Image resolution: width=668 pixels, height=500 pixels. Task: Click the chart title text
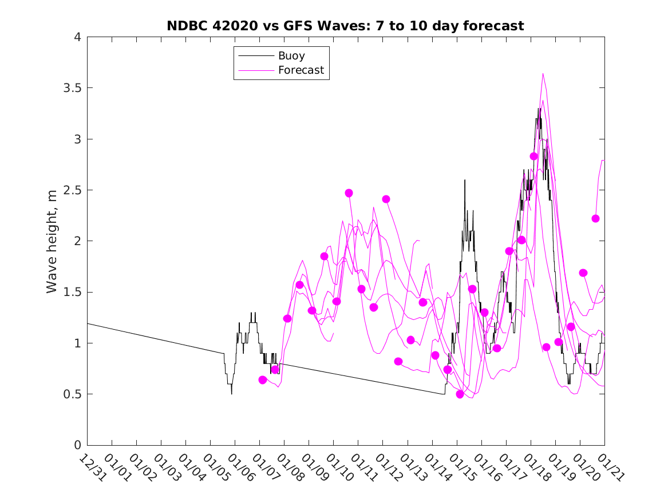click(345, 26)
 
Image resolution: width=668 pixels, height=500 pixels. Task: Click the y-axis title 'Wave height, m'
click(52, 241)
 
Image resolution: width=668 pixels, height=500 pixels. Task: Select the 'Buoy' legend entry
click(291, 56)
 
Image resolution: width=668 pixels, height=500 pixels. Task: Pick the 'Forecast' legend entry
click(301, 70)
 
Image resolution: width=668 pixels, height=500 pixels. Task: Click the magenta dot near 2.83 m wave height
click(533, 156)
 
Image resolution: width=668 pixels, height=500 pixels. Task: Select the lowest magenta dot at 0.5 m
click(460, 394)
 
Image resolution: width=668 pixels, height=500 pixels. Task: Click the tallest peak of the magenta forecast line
click(543, 74)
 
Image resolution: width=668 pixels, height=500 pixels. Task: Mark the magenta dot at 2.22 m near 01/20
click(595, 218)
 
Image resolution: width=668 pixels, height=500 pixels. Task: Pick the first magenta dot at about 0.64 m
click(263, 380)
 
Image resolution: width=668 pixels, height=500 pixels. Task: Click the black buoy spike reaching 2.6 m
click(465, 181)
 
